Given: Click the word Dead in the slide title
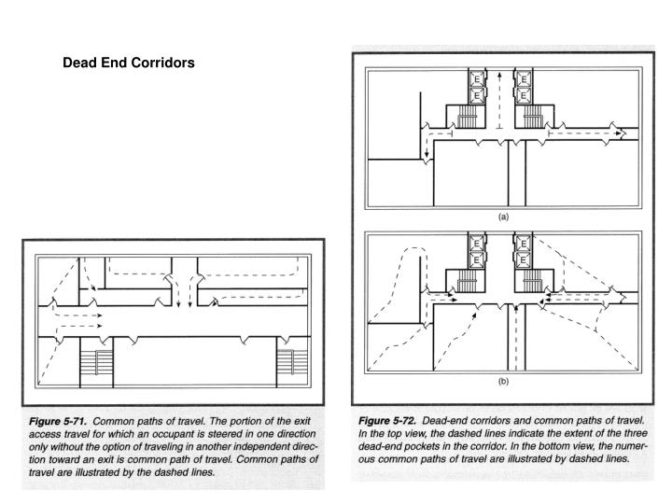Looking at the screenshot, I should tap(78, 63).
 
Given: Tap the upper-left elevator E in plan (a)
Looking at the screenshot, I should tap(477, 81).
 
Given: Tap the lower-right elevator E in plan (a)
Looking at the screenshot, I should tap(525, 94).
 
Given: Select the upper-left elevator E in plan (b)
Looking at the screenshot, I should tap(477, 243).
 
